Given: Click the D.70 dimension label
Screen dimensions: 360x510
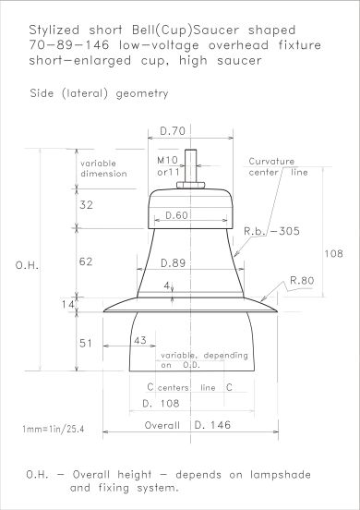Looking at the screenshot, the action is (x=173, y=131).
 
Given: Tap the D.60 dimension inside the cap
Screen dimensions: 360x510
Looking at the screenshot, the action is (x=176, y=215).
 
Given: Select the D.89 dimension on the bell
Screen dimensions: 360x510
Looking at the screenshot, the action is (x=174, y=262).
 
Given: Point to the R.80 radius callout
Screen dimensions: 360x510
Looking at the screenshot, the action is (x=302, y=280).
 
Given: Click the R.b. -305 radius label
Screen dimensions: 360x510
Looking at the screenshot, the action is (x=271, y=231).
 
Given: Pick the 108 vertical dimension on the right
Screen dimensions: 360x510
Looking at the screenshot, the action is (x=333, y=253).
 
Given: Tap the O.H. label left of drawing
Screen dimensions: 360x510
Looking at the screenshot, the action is (x=27, y=265).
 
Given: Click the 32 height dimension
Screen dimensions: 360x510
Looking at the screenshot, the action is (x=86, y=205).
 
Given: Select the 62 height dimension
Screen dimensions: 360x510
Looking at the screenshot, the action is (x=86, y=261).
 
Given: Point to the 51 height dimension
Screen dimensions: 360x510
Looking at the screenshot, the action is (x=86, y=343).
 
